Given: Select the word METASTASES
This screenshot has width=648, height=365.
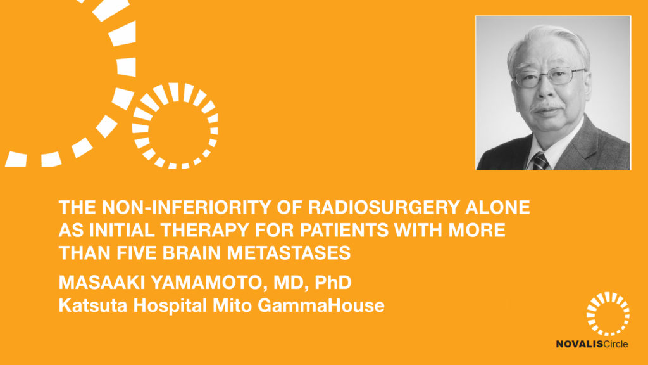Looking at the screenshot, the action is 289,253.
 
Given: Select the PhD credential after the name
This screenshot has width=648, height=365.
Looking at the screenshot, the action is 333,283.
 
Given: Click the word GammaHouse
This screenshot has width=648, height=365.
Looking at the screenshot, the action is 321,305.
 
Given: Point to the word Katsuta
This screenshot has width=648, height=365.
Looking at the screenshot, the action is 93,305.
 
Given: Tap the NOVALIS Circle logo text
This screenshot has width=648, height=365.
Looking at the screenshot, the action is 592,344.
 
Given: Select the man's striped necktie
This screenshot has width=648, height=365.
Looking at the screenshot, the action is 540,161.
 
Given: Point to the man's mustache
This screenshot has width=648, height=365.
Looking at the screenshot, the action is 546,105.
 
